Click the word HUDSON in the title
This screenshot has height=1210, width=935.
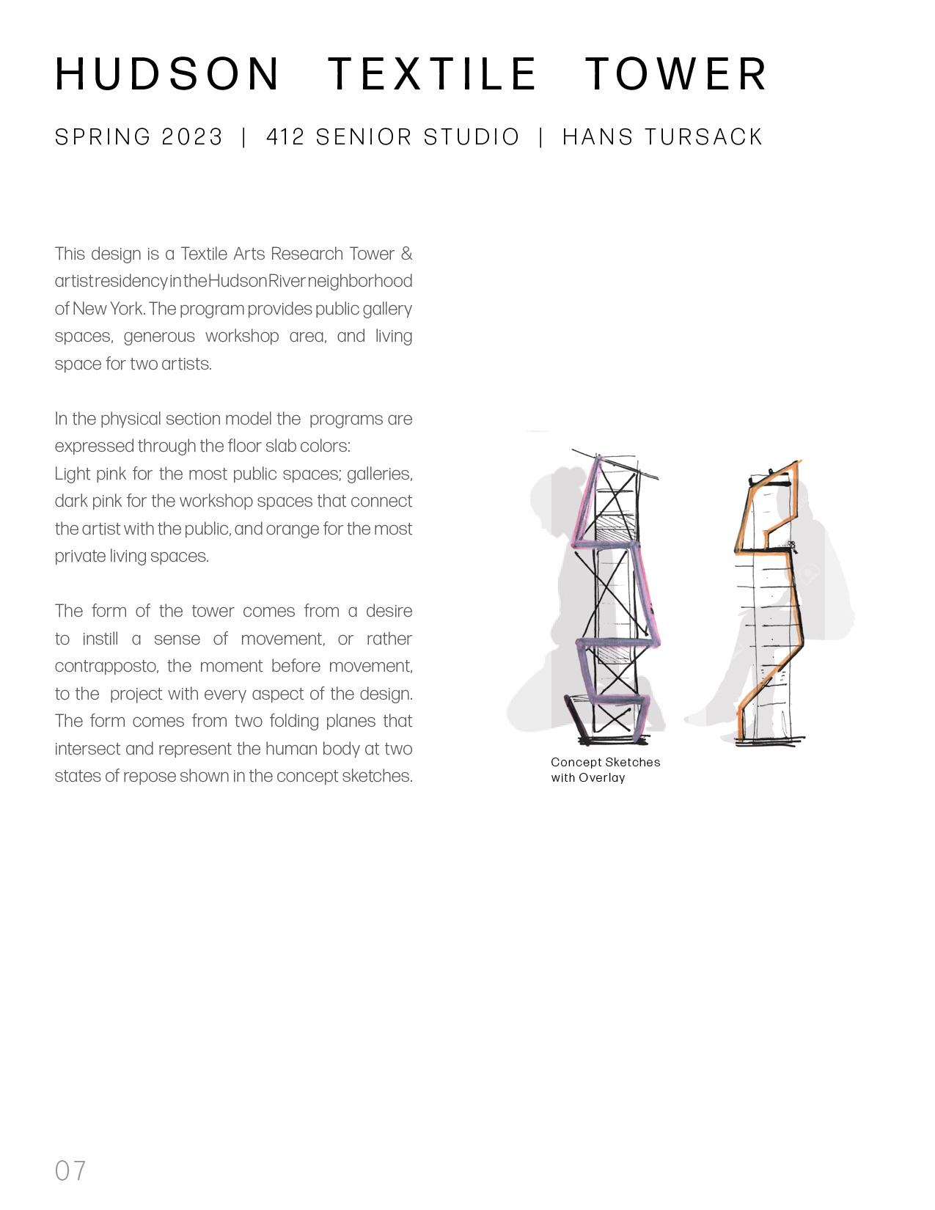point(168,73)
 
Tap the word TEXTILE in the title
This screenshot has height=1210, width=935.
point(433,73)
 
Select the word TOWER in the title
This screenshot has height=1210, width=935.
point(675,73)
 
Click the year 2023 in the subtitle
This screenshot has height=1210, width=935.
point(192,137)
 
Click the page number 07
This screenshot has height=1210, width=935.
point(70,1170)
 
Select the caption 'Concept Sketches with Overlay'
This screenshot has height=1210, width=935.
point(605,770)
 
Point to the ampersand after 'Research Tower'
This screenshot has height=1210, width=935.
point(406,254)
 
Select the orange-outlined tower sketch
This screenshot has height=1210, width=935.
point(770,601)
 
